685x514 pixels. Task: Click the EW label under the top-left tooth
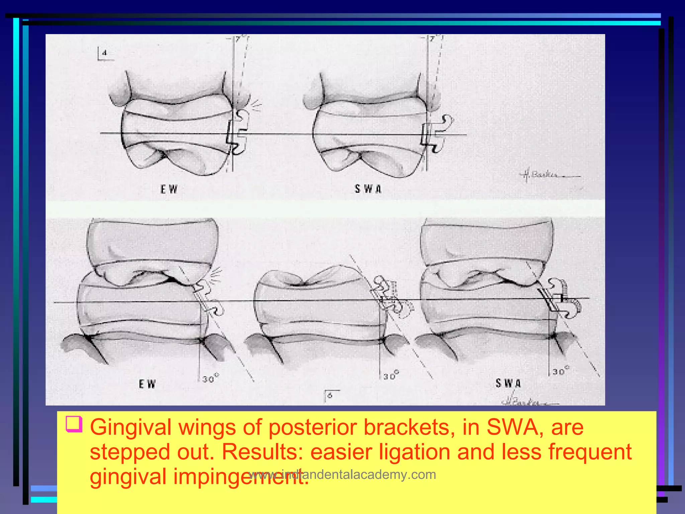tap(169, 189)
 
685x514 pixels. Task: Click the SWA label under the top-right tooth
tap(368, 189)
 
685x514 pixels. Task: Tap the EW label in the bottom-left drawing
tap(147, 384)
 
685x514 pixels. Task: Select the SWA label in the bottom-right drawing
tap(508, 383)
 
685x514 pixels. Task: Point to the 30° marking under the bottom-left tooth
tap(210, 378)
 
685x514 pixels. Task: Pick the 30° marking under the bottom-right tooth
tap(561, 371)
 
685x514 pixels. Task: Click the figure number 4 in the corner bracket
tap(105, 53)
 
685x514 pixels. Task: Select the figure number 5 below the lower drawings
tap(330, 396)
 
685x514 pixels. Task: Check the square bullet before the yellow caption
tap(74, 424)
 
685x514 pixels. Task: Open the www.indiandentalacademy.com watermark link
tap(342, 475)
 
